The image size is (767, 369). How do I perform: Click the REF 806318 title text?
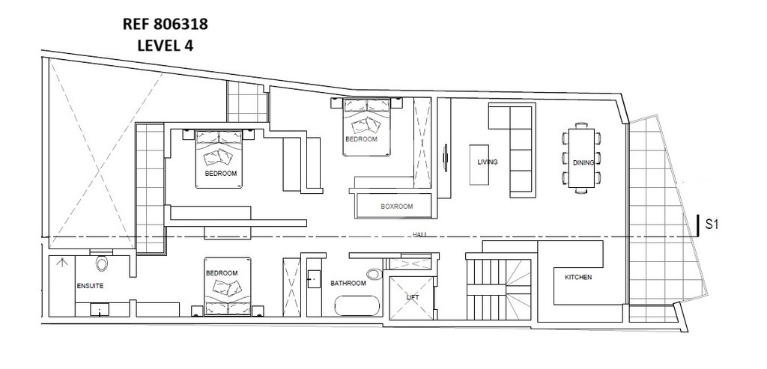165,24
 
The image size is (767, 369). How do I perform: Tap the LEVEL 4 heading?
165,46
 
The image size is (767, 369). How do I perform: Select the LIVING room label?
487,162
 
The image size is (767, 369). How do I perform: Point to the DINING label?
583,162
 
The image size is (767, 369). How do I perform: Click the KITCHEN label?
578,277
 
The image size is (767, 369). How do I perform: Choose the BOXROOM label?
397,207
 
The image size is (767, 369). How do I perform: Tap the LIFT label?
413,296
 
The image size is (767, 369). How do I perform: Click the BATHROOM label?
348,283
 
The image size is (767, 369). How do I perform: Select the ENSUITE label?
90,286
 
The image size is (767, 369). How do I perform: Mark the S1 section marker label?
712,225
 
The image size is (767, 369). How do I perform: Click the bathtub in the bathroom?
357,306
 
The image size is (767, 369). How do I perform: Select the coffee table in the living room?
479,165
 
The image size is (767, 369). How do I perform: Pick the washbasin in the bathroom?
314,277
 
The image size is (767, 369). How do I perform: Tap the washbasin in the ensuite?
100,309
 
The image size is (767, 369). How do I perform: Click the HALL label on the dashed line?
419,235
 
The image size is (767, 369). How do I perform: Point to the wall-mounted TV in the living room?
445,158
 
